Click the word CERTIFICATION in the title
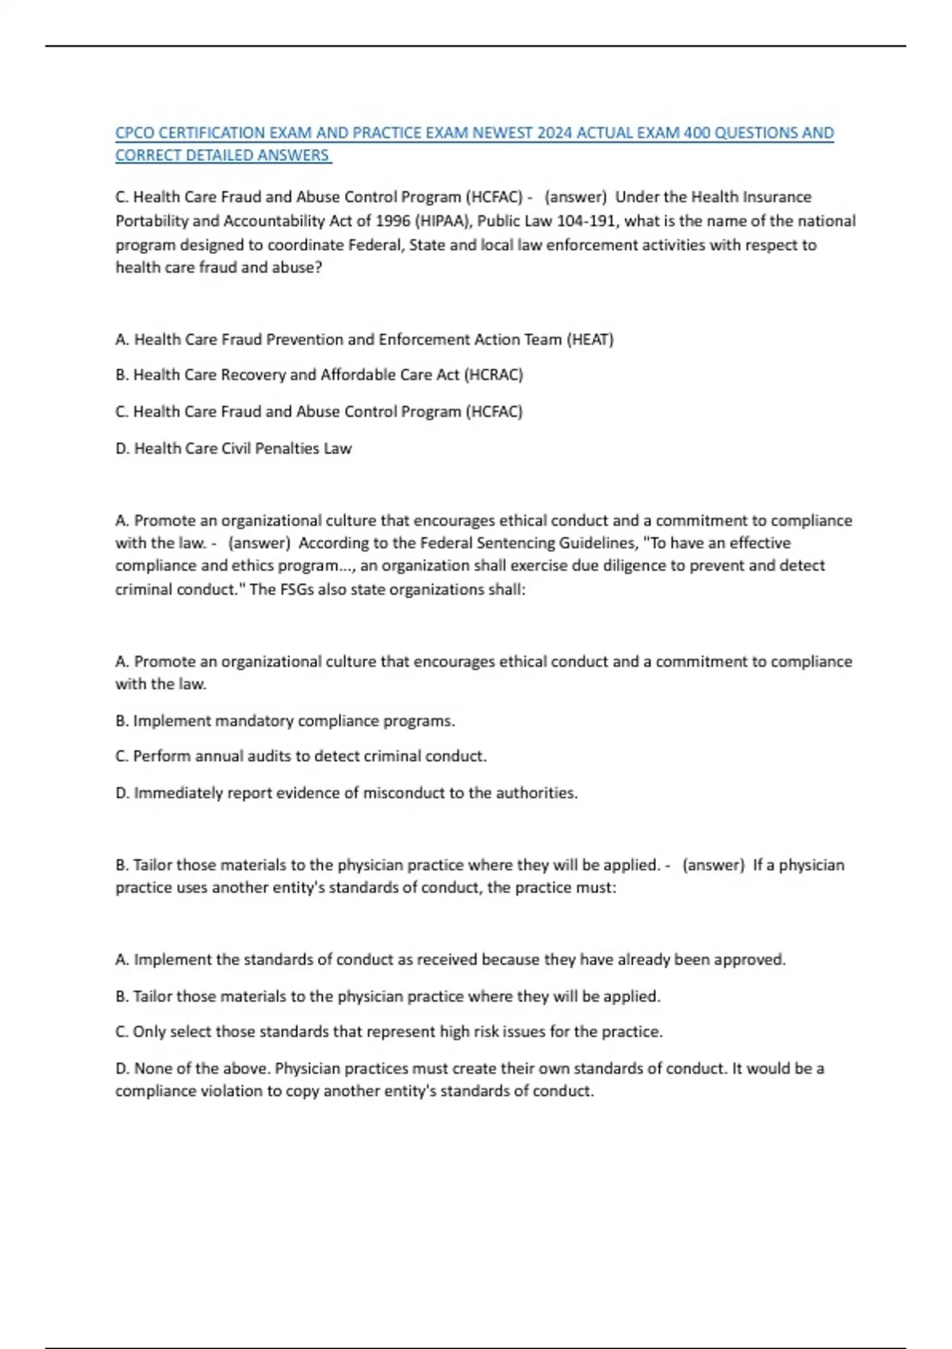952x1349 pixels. coord(211,133)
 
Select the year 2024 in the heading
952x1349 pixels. coord(555,133)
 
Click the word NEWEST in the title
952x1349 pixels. coord(502,133)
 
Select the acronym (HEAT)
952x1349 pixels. coord(589,340)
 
